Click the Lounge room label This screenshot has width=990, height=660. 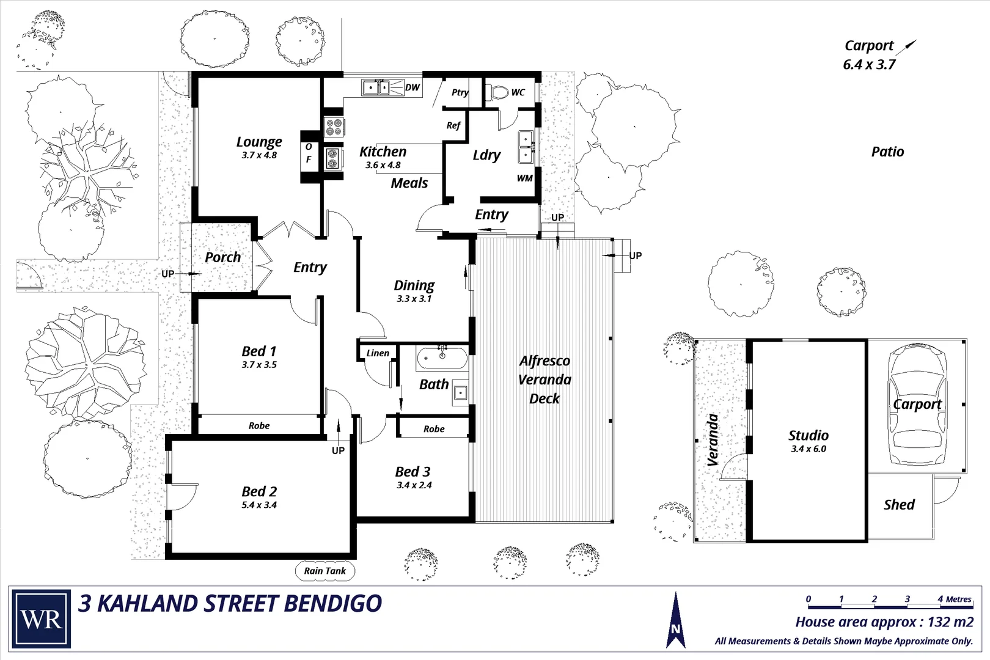pos(259,142)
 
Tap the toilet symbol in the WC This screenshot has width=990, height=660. pos(499,93)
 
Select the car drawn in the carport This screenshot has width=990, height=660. pos(917,405)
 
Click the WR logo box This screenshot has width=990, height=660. pos(42,618)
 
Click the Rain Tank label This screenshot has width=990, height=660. pos(324,571)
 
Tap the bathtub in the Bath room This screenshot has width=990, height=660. pos(442,358)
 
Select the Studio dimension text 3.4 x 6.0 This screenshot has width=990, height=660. pos(808,449)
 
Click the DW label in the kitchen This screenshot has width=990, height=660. pos(413,87)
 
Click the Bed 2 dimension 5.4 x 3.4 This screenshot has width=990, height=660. pos(259,505)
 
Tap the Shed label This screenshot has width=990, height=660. pos(899,505)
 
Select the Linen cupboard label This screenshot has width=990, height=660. pos(378,353)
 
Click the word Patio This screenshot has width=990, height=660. pos(887,152)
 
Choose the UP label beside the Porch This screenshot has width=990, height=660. pos(167,274)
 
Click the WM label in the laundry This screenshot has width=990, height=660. pos(524,178)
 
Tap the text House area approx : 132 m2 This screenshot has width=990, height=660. pos(884,622)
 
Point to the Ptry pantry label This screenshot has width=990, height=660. pos(460,92)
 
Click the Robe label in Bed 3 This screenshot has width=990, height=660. pos(434,429)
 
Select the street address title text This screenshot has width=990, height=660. pos(230,604)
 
